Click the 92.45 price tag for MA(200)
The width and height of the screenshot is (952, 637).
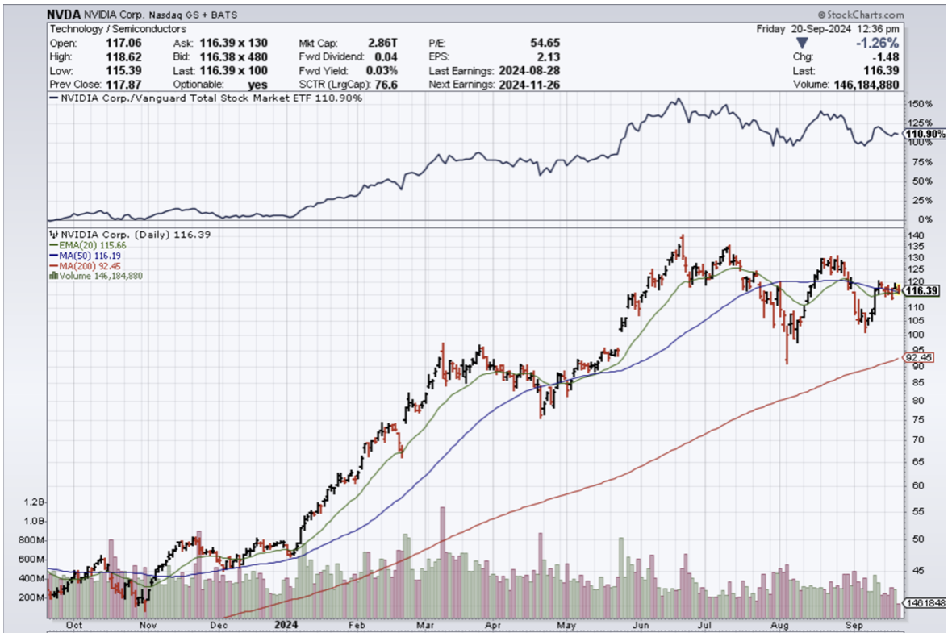click(920, 356)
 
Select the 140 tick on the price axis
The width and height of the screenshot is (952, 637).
click(916, 235)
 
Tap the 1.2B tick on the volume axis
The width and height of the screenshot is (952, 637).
click(34, 502)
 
